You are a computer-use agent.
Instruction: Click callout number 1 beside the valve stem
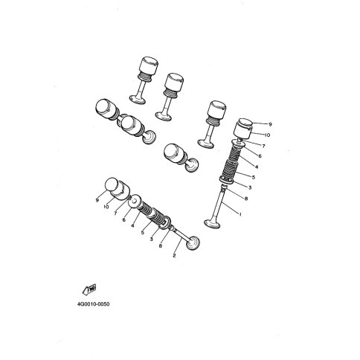click(x=240, y=214)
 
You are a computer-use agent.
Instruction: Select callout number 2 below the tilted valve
click(x=174, y=255)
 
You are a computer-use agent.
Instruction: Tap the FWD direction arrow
click(x=89, y=289)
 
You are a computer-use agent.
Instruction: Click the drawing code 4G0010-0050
click(x=93, y=304)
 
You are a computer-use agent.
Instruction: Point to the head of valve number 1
click(x=213, y=222)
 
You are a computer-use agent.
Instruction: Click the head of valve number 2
click(x=193, y=243)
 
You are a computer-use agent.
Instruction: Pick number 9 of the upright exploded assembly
click(x=270, y=124)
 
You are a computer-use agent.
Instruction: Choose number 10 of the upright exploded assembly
click(x=267, y=135)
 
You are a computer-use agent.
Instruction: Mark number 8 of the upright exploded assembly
click(x=246, y=199)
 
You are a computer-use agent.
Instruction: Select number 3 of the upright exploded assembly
click(x=250, y=187)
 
